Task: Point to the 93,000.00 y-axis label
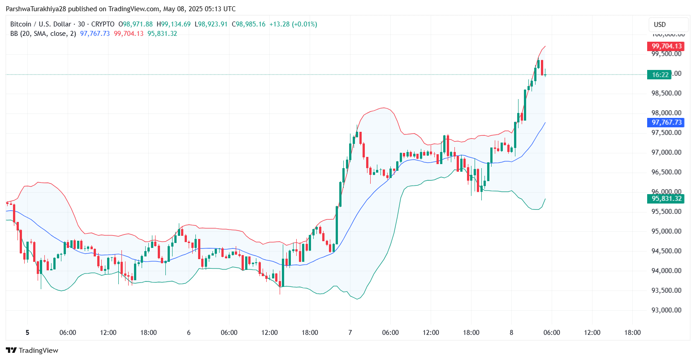pyautogui.click(x=666, y=310)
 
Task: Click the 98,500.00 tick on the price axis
pyautogui.click(x=666, y=93)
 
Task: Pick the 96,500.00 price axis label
pyautogui.click(x=666, y=172)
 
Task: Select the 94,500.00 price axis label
pyautogui.click(x=666, y=251)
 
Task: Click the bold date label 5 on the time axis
pyautogui.click(x=27, y=333)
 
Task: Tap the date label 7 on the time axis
pyautogui.click(x=350, y=333)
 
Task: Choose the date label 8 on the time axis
pyautogui.click(x=511, y=333)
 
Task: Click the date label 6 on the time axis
pyautogui.click(x=189, y=333)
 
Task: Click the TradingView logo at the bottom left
pyautogui.click(x=32, y=350)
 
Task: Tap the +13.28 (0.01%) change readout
pyautogui.click(x=293, y=24)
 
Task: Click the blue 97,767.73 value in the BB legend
pyautogui.click(x=95, y=34)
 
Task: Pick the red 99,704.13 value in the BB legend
pyautogui.click(x=129, y=34)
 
